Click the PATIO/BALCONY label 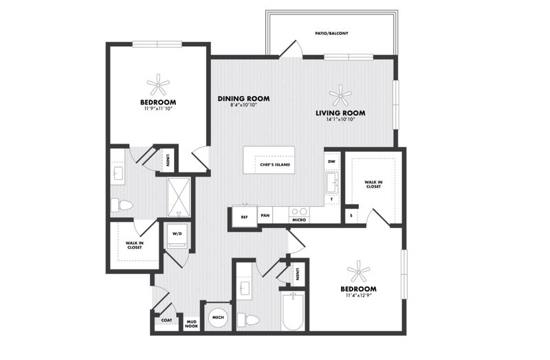point(331,33)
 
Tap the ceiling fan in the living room point(340,95)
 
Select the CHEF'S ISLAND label point(275,164)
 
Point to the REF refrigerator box point(245,217)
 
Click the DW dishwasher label point(331,161)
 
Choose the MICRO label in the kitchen point(299,220)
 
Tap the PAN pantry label point(265,215)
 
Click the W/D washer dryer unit point(177,236)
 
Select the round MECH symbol point(218,317)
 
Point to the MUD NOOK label point(192,324)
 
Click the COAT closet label point(166,320)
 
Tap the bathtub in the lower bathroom point(293,311)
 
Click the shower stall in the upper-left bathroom point(179,197)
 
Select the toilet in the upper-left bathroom point(122,205)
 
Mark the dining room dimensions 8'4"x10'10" point(244,104)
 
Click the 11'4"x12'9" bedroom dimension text point(358,295)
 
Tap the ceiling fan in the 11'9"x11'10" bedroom point(158,85)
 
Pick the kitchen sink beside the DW point(332,183)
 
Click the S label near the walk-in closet point(351,216)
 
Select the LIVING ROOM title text point(340,113)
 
